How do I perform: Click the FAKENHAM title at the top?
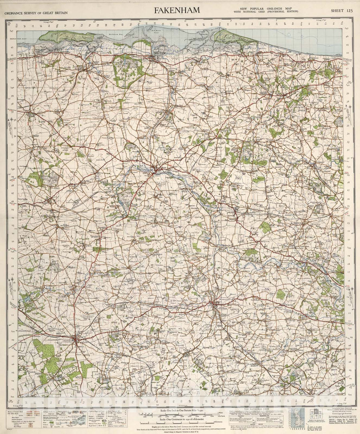tap(177, 11)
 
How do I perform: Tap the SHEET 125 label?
tap(341, 11)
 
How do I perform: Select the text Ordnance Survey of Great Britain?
tap(36, 13)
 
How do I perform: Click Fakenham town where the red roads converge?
tap(156, 171)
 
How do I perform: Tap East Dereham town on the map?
tap(216, 306)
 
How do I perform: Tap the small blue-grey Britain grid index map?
tap(294, 418)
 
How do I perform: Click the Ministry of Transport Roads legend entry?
tap(20, 411)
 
